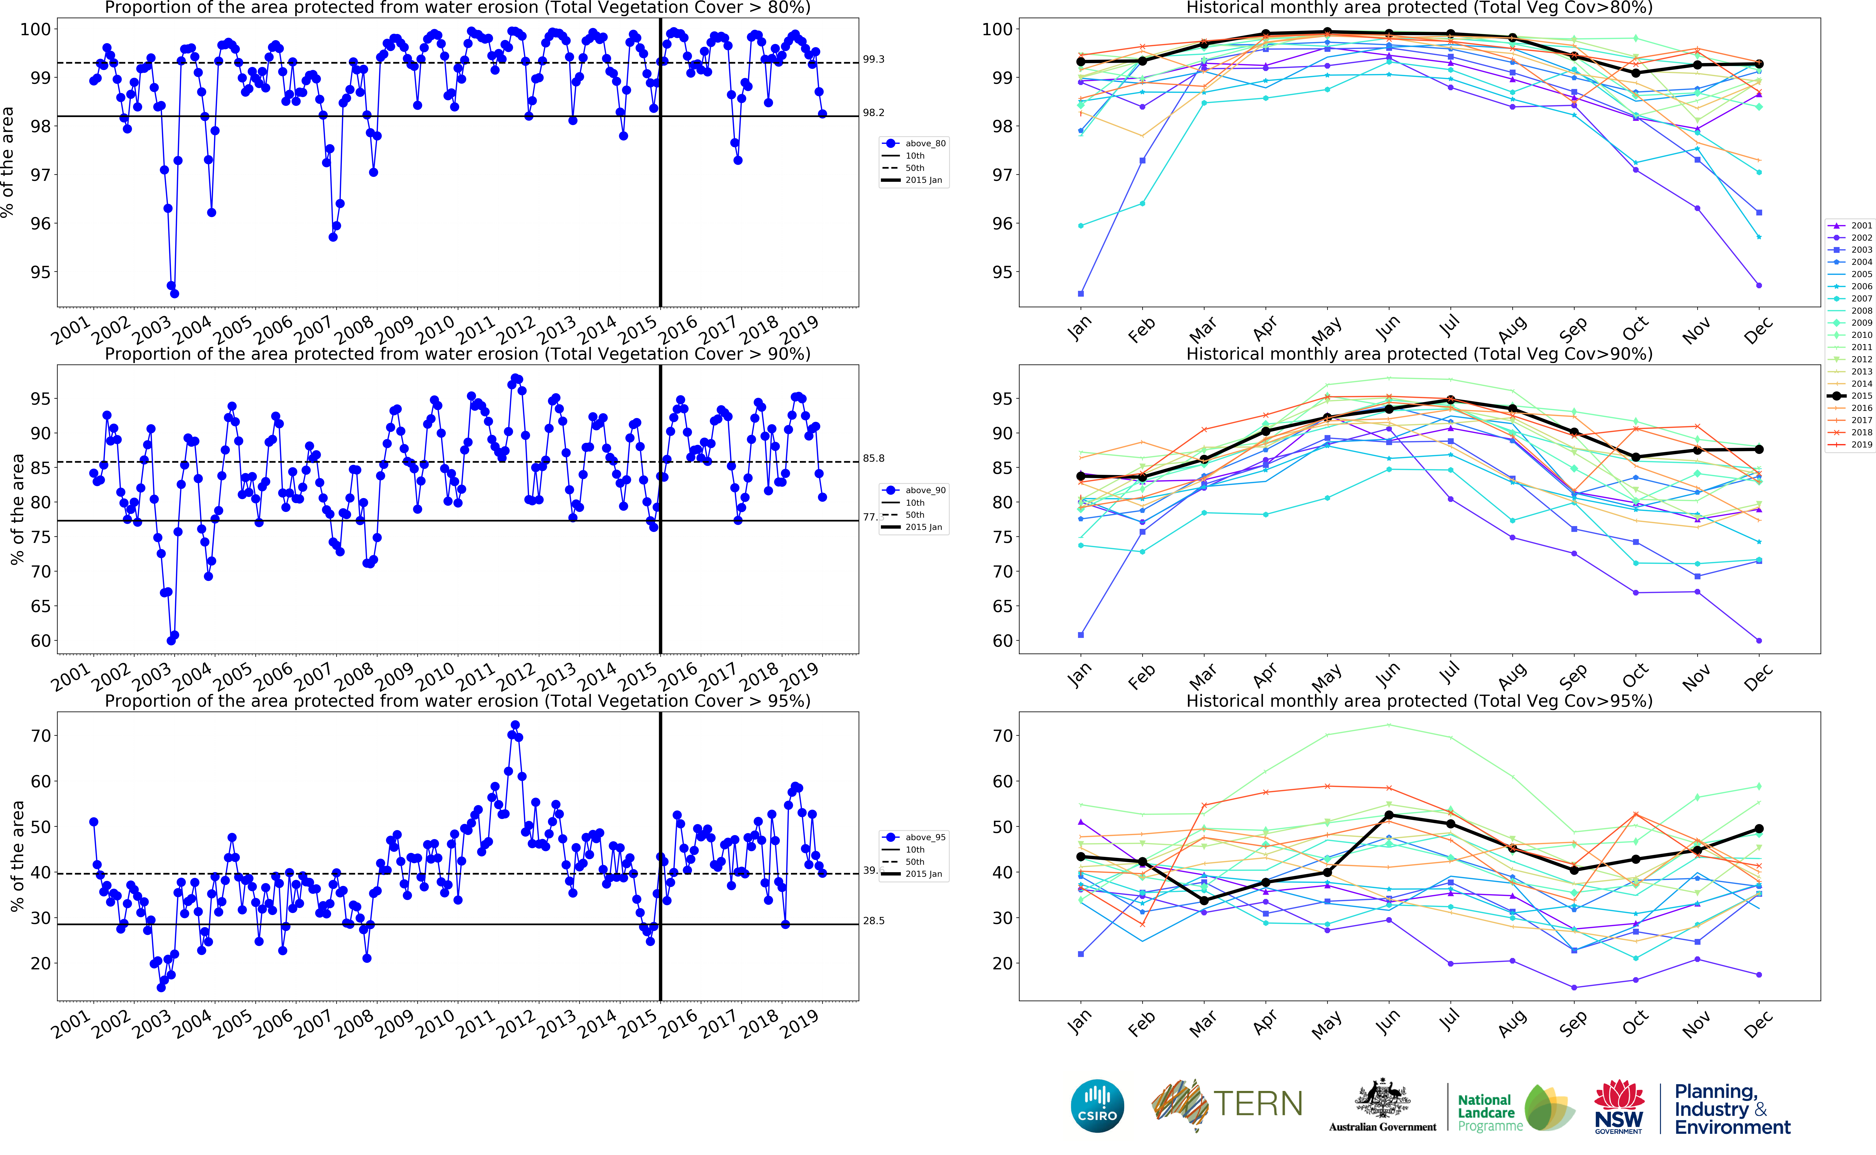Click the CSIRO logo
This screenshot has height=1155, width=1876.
click(1097, 1105)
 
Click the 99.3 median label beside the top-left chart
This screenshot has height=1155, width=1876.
click(873, 59)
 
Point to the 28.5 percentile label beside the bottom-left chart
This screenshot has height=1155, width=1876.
click(873, 921)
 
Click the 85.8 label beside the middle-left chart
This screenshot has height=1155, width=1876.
click(873, 458)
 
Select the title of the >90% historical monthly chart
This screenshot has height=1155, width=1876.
click(1419, 354)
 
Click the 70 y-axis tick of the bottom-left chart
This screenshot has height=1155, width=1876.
click(40, 736)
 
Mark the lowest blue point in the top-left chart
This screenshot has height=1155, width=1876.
click(174, 293)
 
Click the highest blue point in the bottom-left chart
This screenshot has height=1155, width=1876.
click(515, 725)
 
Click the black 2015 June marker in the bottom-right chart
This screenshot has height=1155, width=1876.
click(1389, 815)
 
